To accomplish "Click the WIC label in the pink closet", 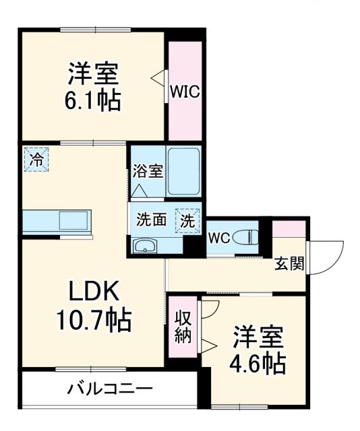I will click(185, 92).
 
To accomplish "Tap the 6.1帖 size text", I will click(93, 101).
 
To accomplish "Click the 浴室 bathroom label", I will click(147, 171).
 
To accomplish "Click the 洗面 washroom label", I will click(151, 220).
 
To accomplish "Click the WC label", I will click(219, 237).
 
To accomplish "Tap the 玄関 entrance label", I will click(289, 263).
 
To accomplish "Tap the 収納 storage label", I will click(183, 327).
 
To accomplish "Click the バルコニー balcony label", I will click(110, 389).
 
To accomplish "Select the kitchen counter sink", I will click(74, 220).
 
